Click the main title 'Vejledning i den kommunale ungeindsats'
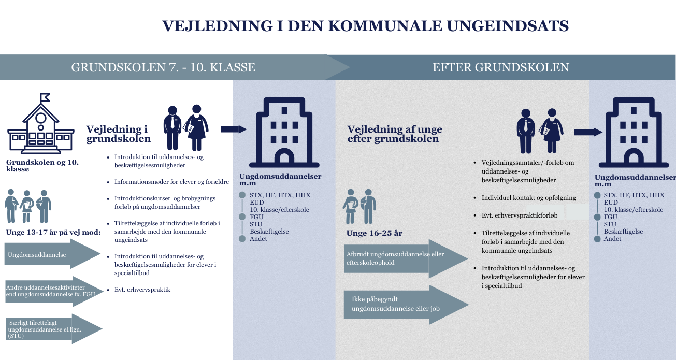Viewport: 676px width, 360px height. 365,26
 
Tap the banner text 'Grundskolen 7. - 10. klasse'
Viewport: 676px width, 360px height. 163,67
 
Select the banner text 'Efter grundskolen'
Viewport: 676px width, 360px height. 501,67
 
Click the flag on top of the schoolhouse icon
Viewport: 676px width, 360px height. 45,97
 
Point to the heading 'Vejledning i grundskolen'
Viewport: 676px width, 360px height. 118,134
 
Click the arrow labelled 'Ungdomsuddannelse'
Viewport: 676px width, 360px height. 52,254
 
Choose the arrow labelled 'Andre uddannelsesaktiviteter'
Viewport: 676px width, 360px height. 54,291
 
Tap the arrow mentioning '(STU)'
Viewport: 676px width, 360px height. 54,329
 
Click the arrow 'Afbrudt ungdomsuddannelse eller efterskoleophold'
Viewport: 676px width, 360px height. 406,258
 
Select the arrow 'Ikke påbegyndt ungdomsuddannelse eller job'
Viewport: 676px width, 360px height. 406,305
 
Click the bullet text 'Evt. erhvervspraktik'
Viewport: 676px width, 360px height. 142,290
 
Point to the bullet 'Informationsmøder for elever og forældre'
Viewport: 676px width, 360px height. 171,182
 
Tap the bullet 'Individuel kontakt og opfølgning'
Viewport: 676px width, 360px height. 529,198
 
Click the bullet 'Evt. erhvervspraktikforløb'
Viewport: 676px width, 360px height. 520,215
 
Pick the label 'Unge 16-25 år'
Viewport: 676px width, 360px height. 375,233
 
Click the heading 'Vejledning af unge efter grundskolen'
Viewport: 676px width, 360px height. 395,134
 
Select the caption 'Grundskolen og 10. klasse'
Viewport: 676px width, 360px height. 42,166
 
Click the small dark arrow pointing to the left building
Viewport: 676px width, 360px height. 234,129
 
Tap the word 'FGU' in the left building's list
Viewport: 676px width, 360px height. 256,217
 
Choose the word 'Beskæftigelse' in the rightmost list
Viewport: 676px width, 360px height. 623,232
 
